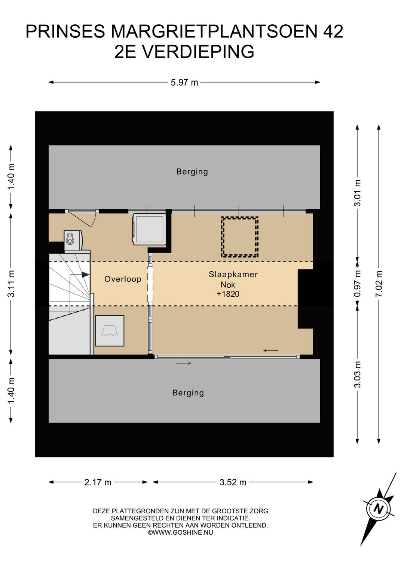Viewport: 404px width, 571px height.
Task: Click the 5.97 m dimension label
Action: (184, 83)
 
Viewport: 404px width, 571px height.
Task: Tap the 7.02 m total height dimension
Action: (379, 284)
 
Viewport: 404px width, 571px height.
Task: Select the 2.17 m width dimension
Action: (98, 482)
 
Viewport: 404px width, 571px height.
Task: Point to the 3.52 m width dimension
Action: (233, 482)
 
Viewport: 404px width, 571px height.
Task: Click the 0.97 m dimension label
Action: (358, 284)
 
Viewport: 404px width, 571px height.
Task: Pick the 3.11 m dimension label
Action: (11, 284)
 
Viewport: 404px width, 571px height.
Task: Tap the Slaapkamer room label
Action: (233, 274)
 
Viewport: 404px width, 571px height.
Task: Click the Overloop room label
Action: (123, 279)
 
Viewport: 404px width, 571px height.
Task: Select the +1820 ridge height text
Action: (228, 294)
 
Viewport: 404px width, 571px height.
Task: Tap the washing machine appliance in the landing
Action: (149, 229)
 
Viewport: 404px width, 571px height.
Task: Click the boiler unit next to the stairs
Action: (73, 241)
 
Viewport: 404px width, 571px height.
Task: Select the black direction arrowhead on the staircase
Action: (86, 275)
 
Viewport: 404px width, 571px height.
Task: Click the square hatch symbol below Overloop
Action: (110, 331)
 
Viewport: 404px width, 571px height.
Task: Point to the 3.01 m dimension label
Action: (358, 193)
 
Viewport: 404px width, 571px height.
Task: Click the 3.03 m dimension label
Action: (358, 374)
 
